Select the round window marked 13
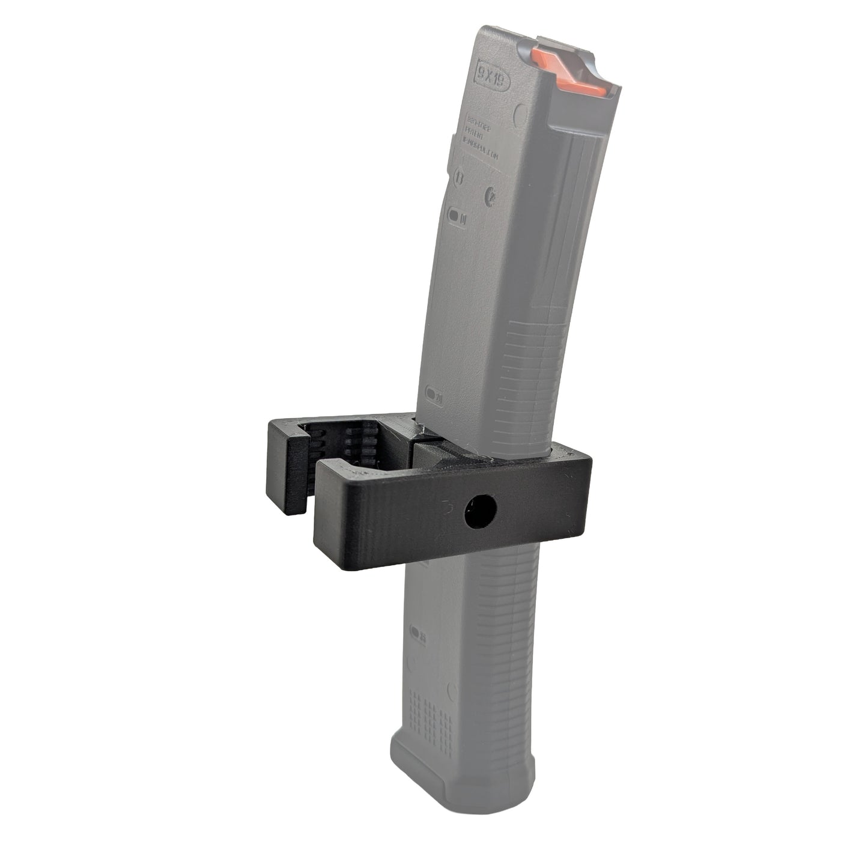pyautogui.click(x=458, y=178)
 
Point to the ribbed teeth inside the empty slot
pyautogui.click(x=354, y=448)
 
